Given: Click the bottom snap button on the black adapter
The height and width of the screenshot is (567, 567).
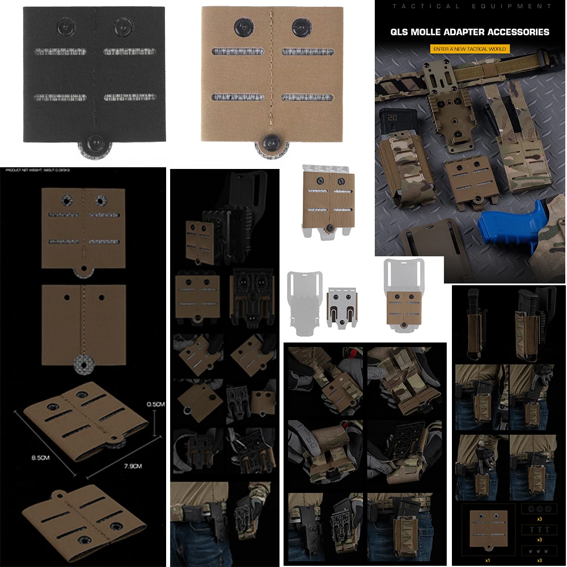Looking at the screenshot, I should click(92, 143).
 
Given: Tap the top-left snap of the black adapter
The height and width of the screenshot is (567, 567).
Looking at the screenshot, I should click(65, 26).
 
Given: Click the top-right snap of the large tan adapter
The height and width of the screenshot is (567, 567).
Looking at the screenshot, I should click(301, 26).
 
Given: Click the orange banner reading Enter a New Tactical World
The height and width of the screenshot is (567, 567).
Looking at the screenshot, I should click(469, 49).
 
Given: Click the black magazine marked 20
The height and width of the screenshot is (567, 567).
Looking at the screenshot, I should click(392, 125).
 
